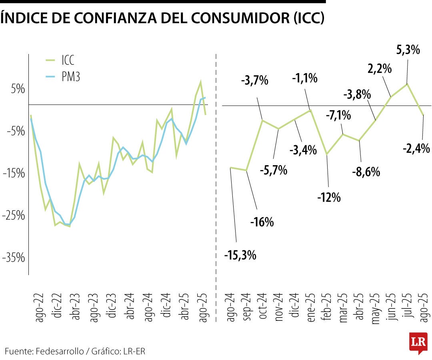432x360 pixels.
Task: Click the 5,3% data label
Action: pos(408,50)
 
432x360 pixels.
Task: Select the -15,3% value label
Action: pos(240,255)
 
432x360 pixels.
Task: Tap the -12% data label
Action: pos(329,197)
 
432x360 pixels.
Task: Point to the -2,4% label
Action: pos(416,149)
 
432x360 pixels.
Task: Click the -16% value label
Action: pos(262,222)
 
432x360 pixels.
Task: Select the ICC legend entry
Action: pos(67,60)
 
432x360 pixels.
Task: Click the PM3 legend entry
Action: pos(71,77)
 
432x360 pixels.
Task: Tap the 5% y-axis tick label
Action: pos(18,89)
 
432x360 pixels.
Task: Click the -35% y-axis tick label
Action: pos(14,258)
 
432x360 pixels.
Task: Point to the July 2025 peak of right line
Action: pos(407,84)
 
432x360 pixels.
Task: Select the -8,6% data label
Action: pos(366,172)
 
